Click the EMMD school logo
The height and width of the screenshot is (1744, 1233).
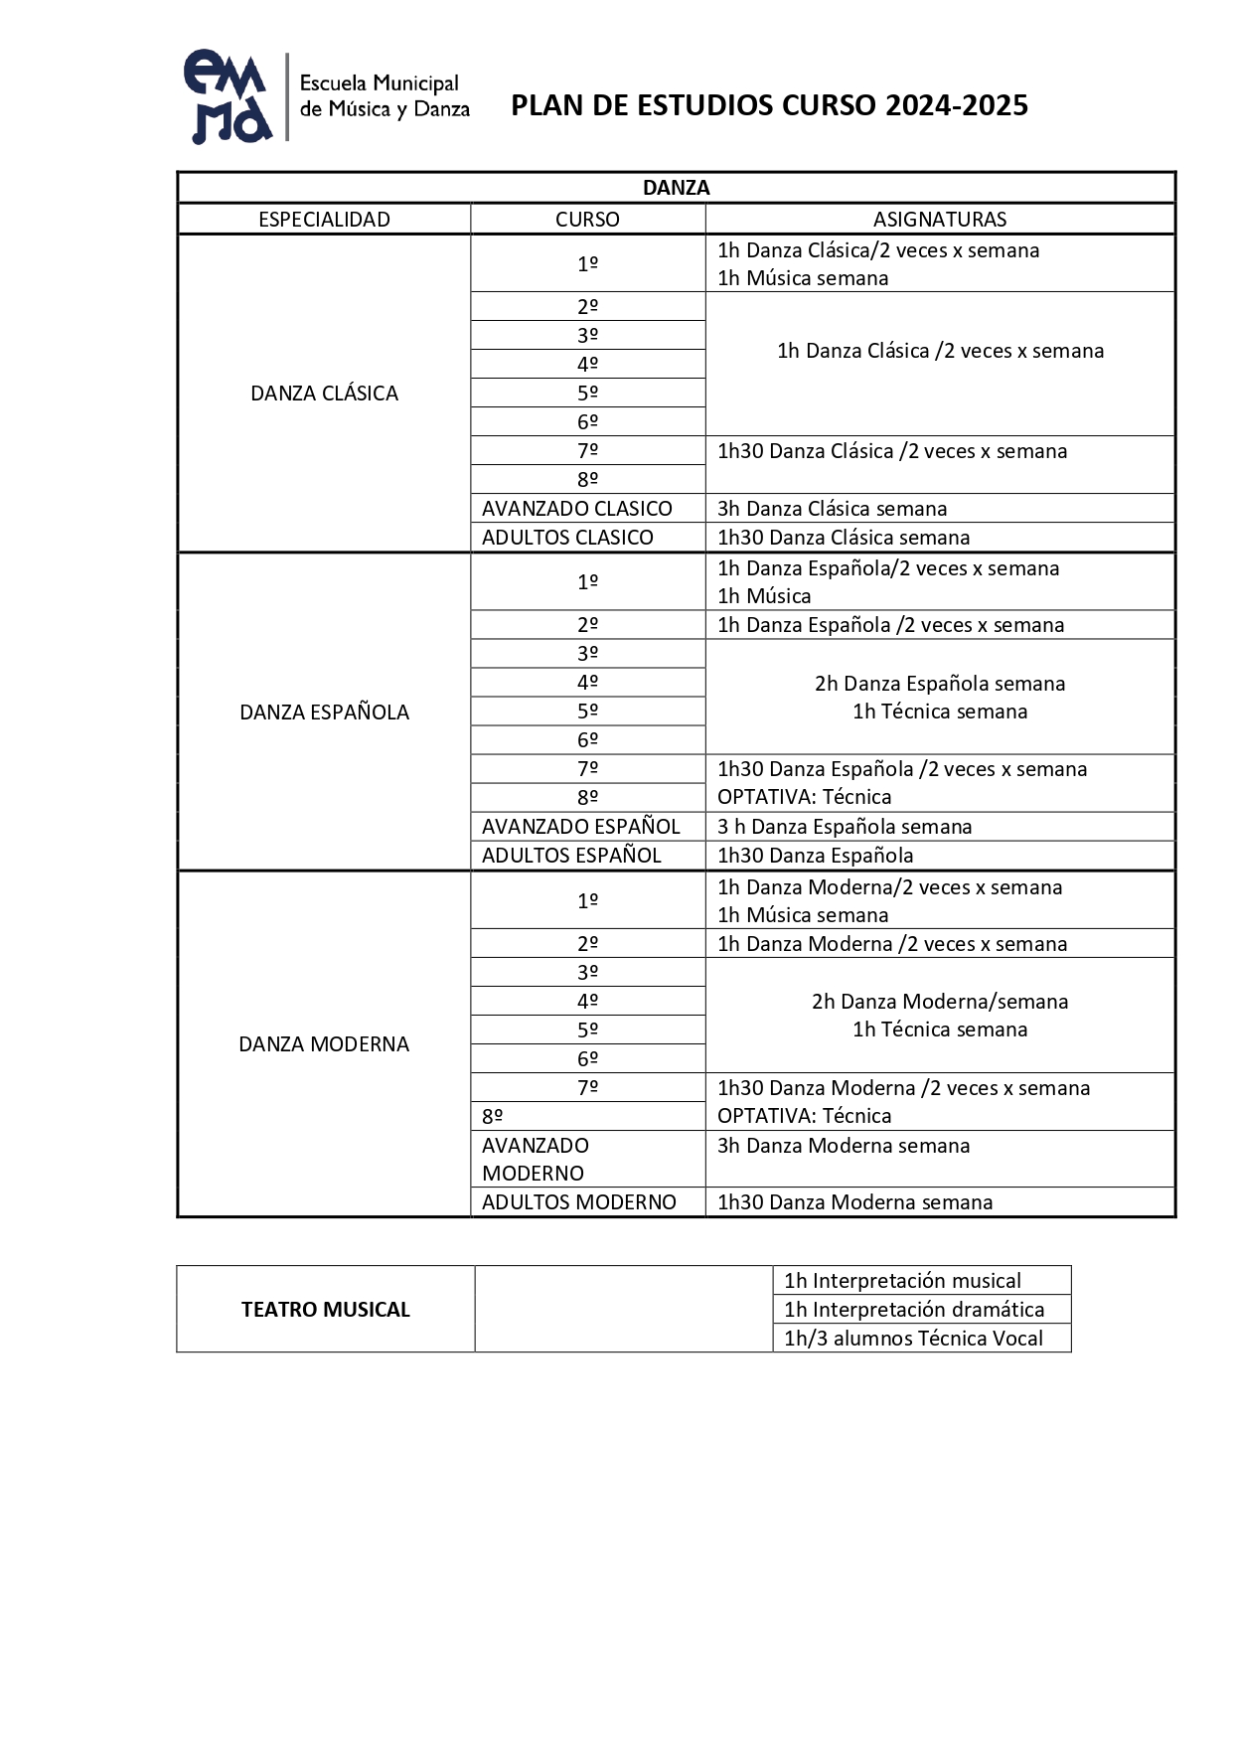pos(228,96)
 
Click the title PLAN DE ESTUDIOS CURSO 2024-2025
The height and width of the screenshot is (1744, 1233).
pos(769,105)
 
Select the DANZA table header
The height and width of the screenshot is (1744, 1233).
pos(676,188)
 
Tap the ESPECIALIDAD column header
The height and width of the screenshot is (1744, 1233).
pos(324,219)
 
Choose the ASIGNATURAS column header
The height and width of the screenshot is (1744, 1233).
pos(939,219)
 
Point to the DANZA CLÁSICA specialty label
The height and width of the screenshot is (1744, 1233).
pos(324,394)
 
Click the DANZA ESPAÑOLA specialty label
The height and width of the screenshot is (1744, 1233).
pos(324,712)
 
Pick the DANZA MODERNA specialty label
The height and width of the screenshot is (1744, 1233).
pos(324,1043)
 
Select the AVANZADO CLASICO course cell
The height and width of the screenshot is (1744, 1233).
pos(577,508)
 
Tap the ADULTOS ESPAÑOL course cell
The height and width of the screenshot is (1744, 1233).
pos(571,855)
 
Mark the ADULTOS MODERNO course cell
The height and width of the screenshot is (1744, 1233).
pos(579,1201)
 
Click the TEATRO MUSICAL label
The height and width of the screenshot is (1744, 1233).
pos(325,1309)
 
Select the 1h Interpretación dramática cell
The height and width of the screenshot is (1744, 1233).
pos(913,1309)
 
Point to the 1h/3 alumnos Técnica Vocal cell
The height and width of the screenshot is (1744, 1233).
pos(913,1338)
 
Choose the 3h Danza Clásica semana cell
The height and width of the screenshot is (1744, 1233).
pos(832,508)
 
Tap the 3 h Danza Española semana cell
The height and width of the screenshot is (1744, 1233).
pos(845,826)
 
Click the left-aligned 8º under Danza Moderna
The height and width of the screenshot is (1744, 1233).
pos(493,1116)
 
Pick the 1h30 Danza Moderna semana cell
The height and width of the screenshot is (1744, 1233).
pos(854,1201)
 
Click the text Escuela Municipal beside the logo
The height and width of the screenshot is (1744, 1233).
pos(379,83)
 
